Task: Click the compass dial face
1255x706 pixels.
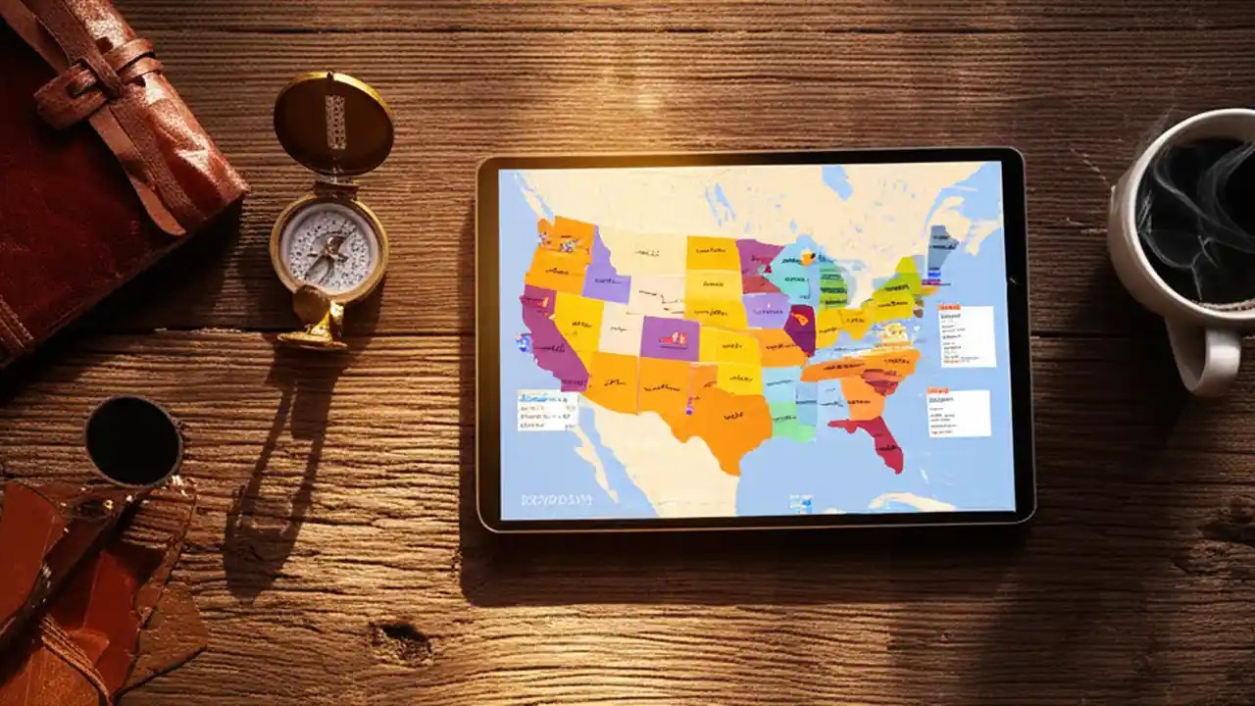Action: click(x=328, y=246)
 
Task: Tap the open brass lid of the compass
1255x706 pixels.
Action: click(x=333, y=123)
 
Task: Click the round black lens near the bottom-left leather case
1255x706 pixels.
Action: click(x=133, y=440)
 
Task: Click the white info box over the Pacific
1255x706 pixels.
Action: click(x=547, y=410)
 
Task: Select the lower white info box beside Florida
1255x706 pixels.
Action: click(x=958, y=413)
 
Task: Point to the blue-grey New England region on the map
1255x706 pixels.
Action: click(x=942, y=246)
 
